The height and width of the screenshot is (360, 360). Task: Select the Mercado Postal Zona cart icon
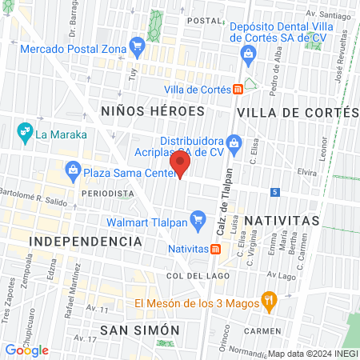tap(138, 45)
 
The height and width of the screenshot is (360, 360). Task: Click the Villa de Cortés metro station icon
tap(238, 90)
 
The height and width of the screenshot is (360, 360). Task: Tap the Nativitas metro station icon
tap(215, 248)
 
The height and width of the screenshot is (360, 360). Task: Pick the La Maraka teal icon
tap(25, 129)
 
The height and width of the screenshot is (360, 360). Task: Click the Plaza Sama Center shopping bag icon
tap(73, 170)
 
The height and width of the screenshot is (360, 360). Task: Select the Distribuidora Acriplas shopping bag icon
tap(234, 144)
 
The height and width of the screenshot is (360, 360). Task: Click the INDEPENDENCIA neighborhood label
tap(86, 241)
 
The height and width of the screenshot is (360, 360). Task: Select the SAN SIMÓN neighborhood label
tap(139, 330)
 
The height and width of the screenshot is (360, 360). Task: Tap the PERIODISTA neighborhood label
tap(106, 194)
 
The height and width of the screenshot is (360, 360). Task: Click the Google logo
tap(27, 350)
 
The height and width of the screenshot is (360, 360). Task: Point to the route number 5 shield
tap(274, 192)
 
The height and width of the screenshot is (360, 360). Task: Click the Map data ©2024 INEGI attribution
tap(312, 354)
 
